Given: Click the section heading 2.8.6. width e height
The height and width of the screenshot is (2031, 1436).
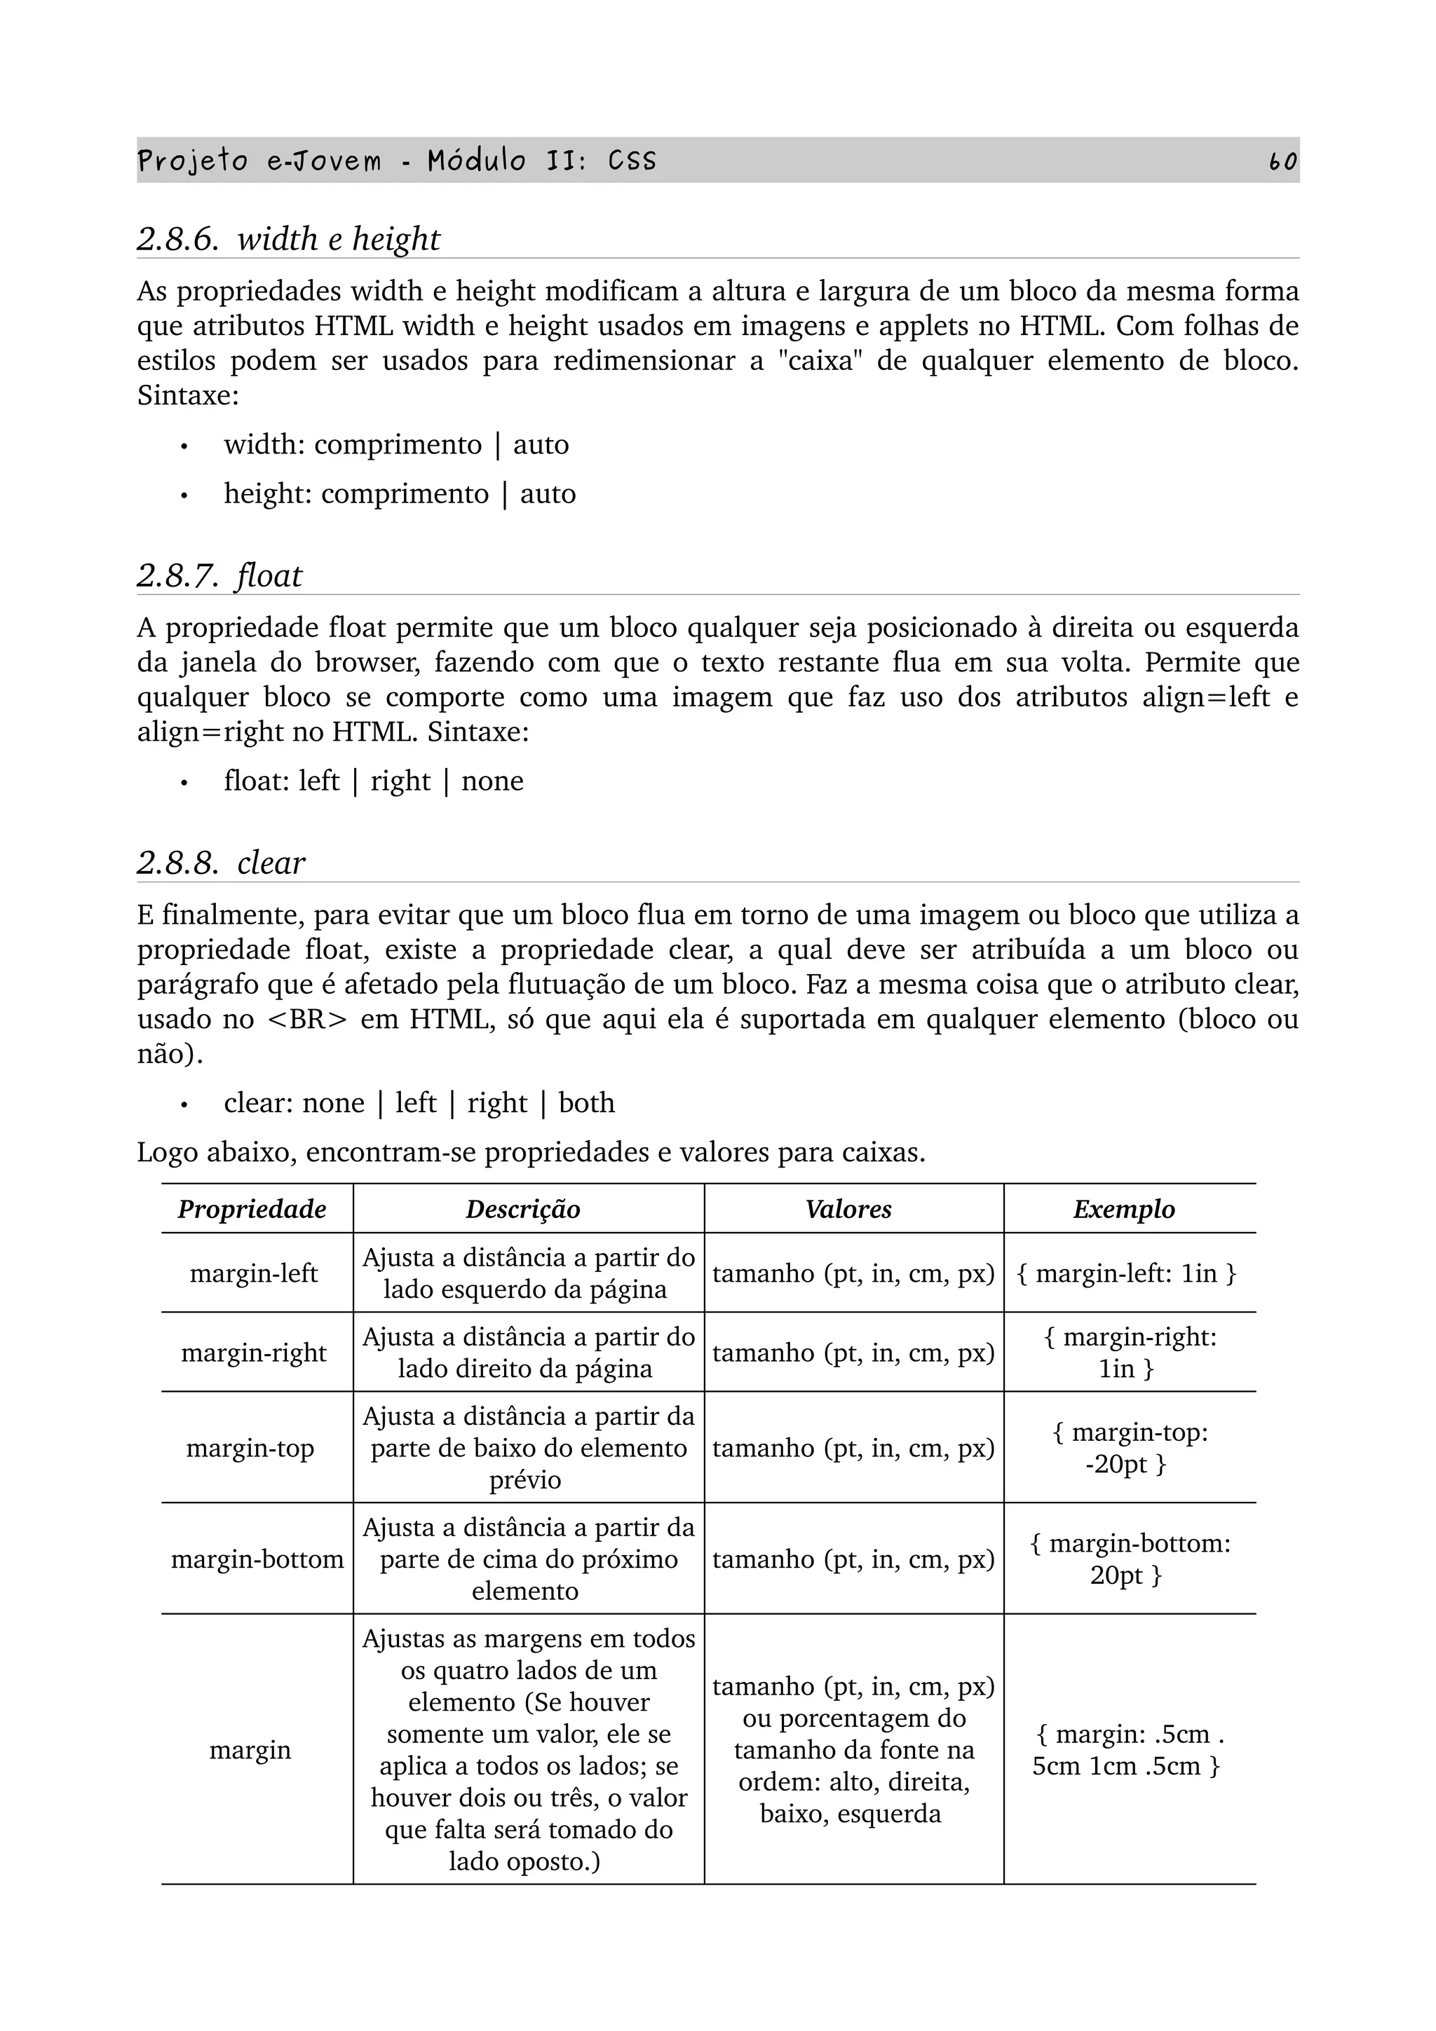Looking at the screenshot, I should point(288,239).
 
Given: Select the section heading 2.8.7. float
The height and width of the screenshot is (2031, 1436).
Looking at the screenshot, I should point(219,576).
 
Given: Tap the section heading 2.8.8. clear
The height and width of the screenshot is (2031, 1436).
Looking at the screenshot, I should point(221,863).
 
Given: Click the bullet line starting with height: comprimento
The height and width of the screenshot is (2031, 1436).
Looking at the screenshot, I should point(399,493).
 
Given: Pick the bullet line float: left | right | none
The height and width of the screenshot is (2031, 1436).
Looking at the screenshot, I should point(374,781).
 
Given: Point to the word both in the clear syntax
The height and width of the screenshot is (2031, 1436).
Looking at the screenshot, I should point(587,1103).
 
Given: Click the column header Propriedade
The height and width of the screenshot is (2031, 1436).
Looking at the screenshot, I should point(252,1209).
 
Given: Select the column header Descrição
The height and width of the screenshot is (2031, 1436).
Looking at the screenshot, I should point(523,1209).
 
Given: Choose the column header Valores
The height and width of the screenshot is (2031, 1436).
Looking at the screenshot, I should point(848,1209).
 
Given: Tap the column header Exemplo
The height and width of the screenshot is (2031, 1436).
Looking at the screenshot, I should point(1124,1209).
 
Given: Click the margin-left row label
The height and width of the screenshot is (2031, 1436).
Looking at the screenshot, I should point(254,1274).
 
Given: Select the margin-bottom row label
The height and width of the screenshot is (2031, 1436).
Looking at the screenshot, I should point(257,1559).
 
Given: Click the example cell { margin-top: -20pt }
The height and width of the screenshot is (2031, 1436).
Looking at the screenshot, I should point(1130,1448).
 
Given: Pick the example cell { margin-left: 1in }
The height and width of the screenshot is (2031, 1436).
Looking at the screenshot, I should point(1126,1274).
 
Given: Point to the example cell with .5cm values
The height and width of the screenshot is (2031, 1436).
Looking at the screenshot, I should point(1128,1750).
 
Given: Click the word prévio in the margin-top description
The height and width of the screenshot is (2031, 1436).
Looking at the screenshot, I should point(524,1480).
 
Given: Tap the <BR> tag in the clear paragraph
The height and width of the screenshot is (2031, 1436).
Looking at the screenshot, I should point(307,1020).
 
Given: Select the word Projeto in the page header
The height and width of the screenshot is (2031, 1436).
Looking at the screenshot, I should point(193,161).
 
